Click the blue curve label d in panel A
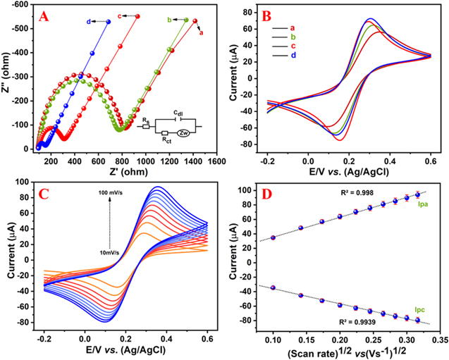pyautogui.click(x=89, y=22)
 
